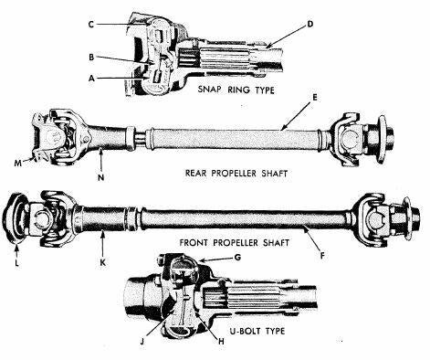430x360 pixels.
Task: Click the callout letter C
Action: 90,25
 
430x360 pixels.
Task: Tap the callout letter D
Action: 309,24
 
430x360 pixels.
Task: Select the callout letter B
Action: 91,58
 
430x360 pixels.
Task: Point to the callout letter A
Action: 91,79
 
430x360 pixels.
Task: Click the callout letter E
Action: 315,98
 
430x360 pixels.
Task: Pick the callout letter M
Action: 18,164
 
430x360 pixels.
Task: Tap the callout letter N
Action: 101,177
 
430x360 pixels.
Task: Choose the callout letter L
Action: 16,262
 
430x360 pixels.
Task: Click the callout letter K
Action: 103,262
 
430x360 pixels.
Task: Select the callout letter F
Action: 322,256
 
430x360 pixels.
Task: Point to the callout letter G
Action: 237,258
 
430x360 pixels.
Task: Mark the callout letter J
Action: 142,342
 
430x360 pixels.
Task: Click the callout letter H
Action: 221,342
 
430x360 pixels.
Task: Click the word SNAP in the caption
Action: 210,90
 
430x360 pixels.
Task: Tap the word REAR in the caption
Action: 195,174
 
